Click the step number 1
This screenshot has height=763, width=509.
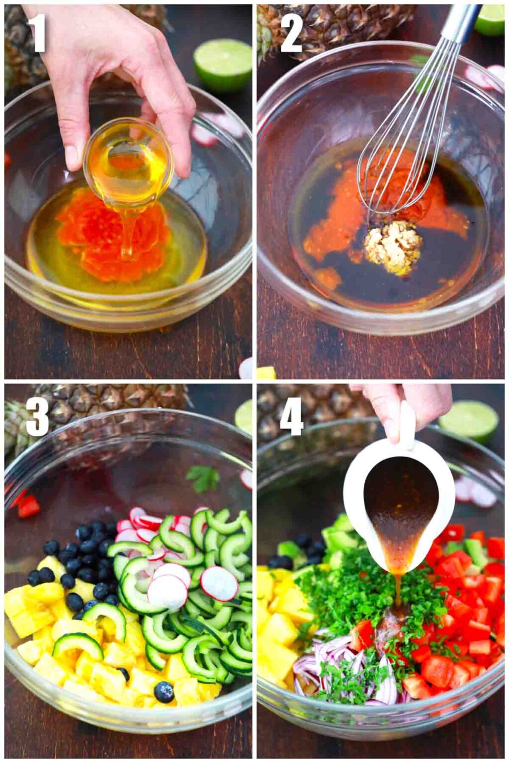click(37, 33)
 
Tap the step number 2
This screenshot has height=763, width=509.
click(291, 33)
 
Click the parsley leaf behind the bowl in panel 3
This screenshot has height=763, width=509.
click(203, 478)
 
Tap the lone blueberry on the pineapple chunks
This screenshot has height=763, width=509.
click(164, 691)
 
